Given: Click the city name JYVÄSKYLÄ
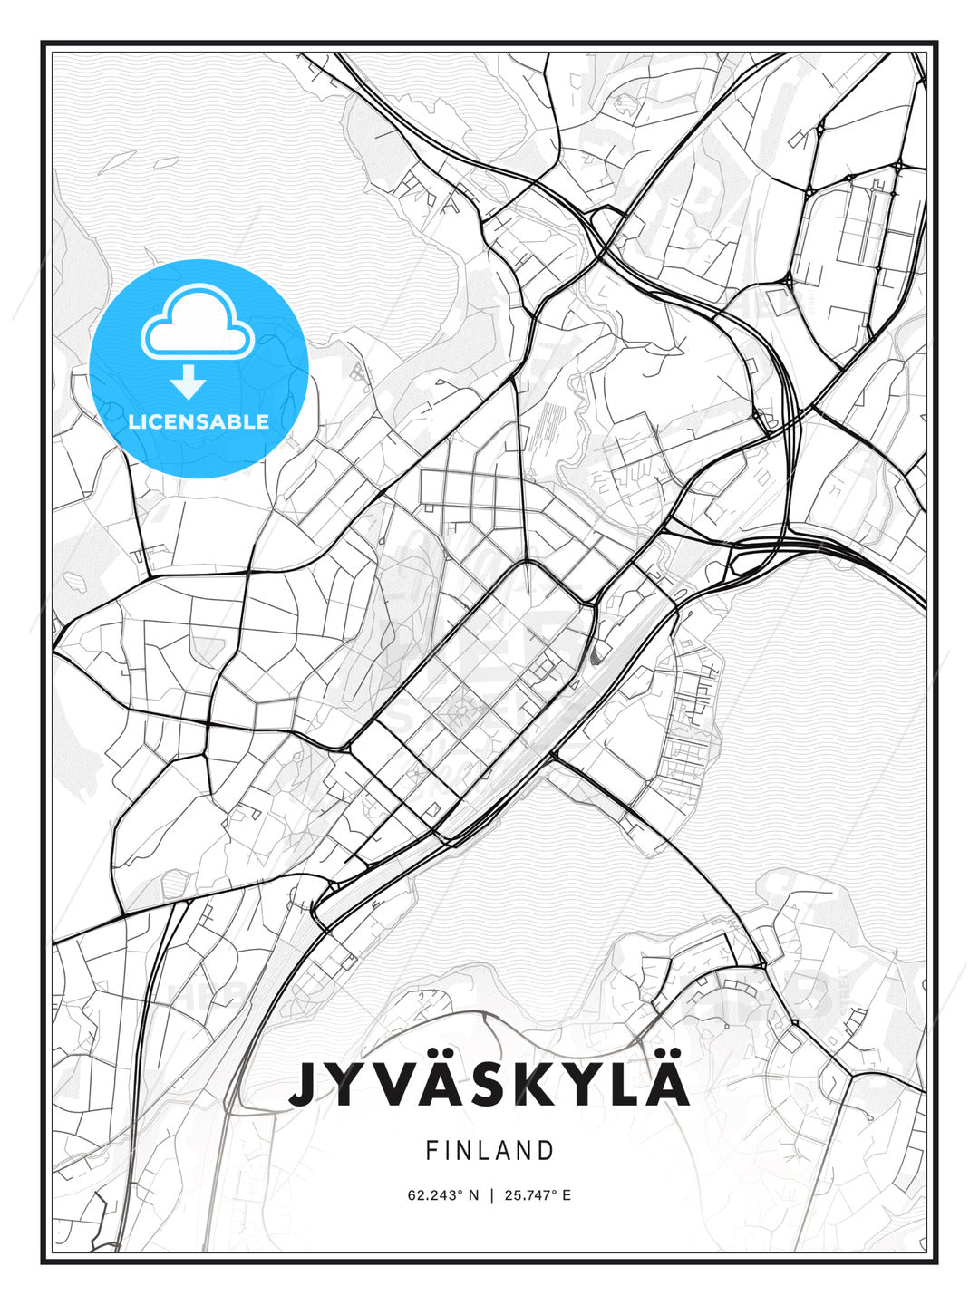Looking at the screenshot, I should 489,1084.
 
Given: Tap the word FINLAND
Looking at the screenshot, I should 489,1151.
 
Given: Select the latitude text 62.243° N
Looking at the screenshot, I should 443,1195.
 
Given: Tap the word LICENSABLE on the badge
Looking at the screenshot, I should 199,421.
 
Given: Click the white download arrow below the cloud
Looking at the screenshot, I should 188,382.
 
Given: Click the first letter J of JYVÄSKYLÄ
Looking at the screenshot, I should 306,1085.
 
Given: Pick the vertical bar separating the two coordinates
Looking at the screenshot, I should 490,1195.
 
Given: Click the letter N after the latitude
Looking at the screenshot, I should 473,1195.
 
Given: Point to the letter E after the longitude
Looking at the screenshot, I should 567,1195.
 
